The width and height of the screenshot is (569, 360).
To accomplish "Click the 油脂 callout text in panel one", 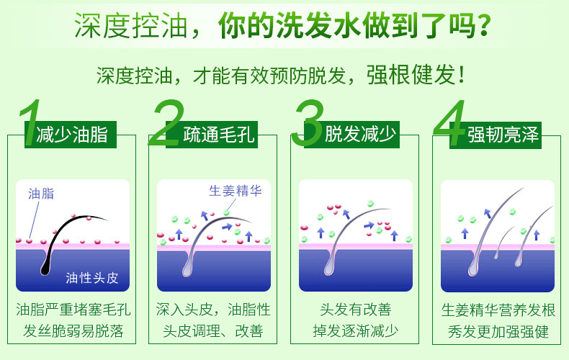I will point(40,193).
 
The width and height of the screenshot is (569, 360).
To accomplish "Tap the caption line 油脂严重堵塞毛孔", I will point(73,310).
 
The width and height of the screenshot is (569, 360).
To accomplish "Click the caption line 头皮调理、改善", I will point(213,332).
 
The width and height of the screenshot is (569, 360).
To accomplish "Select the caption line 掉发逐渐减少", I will point(355,332).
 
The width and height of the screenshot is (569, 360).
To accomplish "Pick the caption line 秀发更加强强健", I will point(498,332).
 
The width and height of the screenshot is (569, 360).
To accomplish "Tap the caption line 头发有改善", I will point(355,310).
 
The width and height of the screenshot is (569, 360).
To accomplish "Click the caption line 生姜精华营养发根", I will point(498,310).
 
